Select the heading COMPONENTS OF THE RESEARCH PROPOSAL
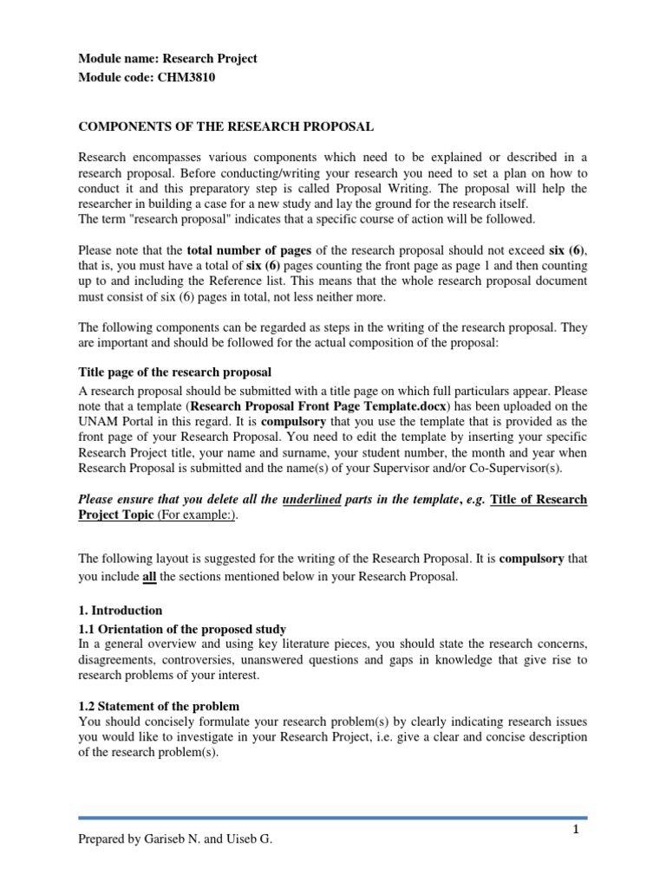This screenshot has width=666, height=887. (226, 126)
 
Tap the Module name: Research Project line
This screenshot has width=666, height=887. (168, 59)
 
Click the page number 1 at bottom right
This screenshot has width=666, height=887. (575, 830)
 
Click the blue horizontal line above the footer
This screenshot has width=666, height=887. (333, 817)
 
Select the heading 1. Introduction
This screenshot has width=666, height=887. (121, 610)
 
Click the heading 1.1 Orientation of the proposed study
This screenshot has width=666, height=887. (182, 629)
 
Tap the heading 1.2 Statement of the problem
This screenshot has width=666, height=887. (159, 706)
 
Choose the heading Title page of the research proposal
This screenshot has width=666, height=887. (175, 372)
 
